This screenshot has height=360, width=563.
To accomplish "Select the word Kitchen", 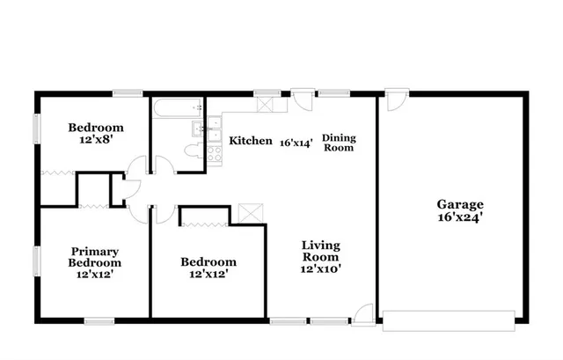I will point(251,141).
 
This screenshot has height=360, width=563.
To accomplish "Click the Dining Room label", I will point(338,143).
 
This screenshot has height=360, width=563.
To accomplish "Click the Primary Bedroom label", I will point(95,257).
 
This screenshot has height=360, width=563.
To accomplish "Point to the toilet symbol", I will point(189,150).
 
